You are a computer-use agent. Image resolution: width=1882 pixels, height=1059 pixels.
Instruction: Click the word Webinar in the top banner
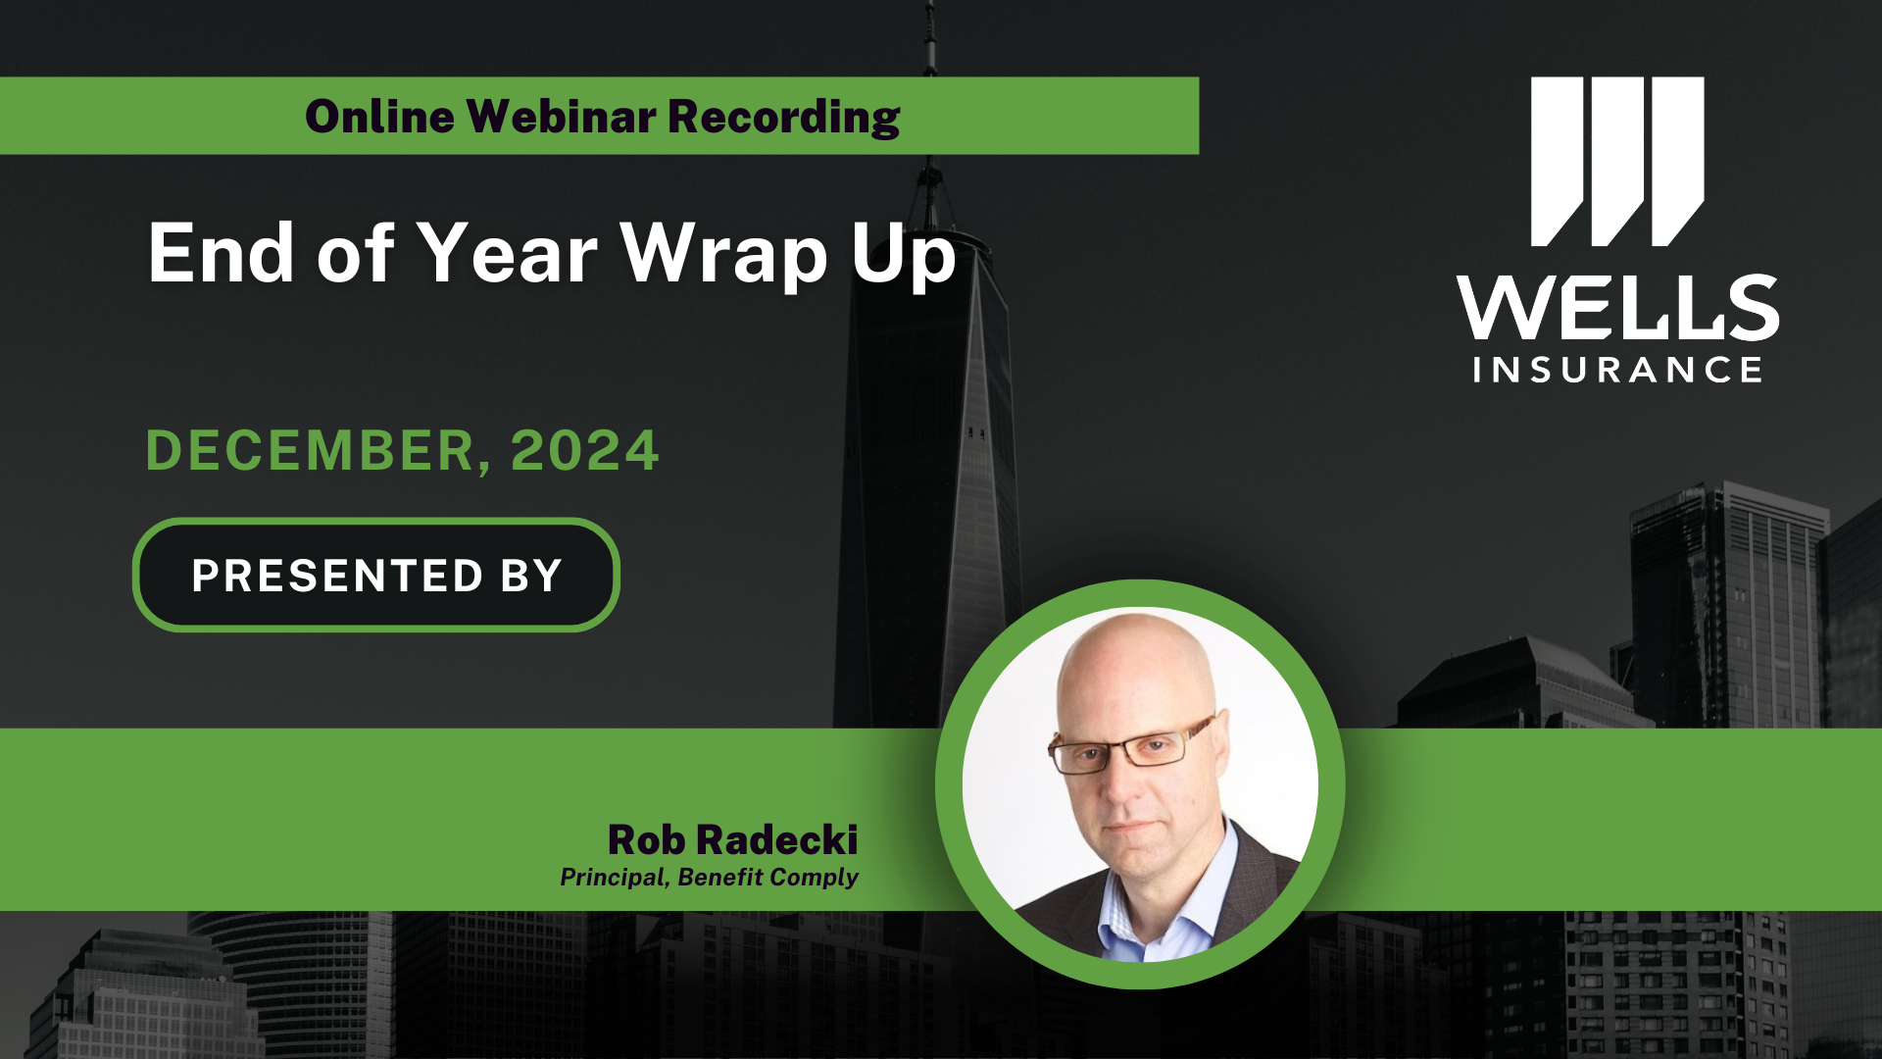tap(561, 117)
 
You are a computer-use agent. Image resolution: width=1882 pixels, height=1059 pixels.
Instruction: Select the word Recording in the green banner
tap(783, 117)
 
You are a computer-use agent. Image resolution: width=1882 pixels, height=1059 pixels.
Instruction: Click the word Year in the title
tap(507, 253)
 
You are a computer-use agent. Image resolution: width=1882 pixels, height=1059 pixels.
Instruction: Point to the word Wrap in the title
tap(724, 255)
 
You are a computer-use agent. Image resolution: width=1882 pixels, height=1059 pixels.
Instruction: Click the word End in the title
tap(221, 253)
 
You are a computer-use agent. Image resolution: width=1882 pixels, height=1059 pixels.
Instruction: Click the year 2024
tap(584, 451)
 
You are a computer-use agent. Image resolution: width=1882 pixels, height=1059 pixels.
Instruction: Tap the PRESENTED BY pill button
tap(376, 576)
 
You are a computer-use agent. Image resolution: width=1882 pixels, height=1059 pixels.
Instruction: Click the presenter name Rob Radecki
tap(732, 840)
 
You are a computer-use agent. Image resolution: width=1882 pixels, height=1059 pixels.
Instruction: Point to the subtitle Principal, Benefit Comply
tap(709, 877)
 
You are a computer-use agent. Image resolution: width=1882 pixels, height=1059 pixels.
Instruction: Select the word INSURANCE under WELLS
tap(1617, 370)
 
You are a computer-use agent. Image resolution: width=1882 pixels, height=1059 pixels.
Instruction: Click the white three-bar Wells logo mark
tap(1617, 161)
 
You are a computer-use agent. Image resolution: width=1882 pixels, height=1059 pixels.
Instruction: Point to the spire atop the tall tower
tap(929, 49)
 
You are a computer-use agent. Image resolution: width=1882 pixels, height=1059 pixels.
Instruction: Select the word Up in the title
tap(903, 255)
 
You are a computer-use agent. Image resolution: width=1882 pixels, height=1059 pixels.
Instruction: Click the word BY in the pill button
tap(531, 576)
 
